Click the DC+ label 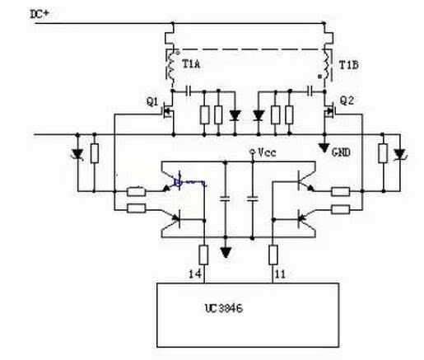click(40, 14)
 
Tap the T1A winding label click(191, 64)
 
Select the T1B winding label click(349, 65)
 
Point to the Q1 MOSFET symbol click(167, 110)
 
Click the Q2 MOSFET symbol click(329, 110)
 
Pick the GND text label click(341, 152)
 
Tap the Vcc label click(267, 152)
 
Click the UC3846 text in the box click(224, 308)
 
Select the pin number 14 click(195, 274)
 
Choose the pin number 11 click(280, 274)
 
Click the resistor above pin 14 click(203, 255)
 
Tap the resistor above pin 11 click(273, 255)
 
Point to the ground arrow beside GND click(324, 147)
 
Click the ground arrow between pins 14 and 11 click(226, 252)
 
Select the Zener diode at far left click(77, 154)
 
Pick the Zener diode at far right click(399, 154)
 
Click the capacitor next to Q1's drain click(188, 91)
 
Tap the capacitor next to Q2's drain click(310, 91)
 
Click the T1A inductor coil click(172, 66)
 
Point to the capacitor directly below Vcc click(253, 199)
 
